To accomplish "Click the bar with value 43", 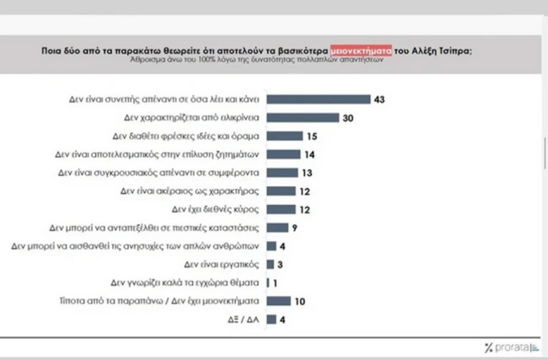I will (x=318, y=99).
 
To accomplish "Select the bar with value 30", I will (x=303, y=118).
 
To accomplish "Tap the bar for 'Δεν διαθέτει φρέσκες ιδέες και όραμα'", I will (x=285, y=136).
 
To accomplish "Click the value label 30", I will (x=348, y=118).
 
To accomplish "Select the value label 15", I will (x=313, y=136).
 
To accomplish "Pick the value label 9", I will (x=295, y=227).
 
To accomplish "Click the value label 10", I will (x=300, y=301).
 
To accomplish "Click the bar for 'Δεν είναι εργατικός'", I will (x=270, y=264).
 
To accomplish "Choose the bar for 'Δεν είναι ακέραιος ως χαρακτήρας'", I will (x=281, y=191).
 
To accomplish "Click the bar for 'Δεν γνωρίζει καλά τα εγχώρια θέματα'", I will (x=268, y=283).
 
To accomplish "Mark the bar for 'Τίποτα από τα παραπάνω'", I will (x=278, y=301).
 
